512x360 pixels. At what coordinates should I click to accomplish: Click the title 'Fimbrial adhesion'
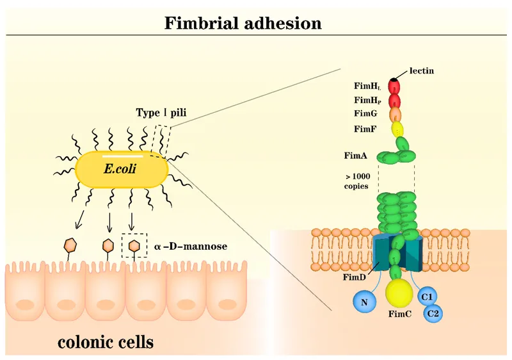point(243,24)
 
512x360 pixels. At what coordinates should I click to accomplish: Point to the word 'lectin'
point(422,70)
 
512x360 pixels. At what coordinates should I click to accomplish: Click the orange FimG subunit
point(396,114)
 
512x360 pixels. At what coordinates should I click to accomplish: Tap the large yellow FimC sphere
point(399,293)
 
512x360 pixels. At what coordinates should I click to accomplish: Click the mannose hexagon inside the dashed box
point(133,245)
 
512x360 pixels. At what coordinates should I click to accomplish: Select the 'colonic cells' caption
point(106,341)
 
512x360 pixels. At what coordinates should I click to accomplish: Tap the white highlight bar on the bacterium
point(122,154)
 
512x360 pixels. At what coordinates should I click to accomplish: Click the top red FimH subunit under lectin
point(395,86)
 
